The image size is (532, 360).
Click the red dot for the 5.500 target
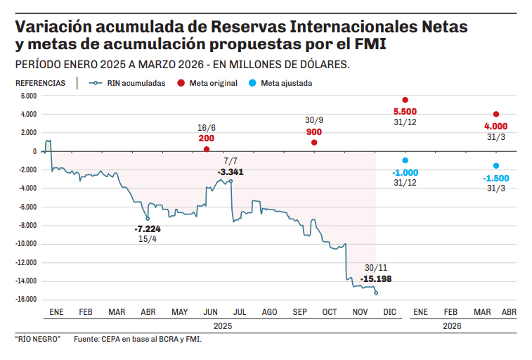(x=405, y=100)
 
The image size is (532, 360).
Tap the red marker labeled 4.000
(x=496, y=114)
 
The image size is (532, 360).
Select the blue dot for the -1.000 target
(x=405, y=160)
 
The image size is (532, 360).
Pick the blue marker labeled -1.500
(x=496, y=166)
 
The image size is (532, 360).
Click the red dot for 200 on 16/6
(x=207, y=149)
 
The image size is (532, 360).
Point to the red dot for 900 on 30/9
(x=314, y=143)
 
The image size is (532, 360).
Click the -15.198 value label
(x=376, y=279)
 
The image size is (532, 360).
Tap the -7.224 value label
(x=148, y=229)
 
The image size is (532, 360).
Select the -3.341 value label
(x=231, y=172)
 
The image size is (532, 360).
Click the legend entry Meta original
(x=213, y=83)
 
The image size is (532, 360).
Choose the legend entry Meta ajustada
(x=286, y=83)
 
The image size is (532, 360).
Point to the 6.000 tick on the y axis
(x=29, y=96)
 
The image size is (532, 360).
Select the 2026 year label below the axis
(x=452, y=326)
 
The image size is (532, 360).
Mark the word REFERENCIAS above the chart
(x=41, y=83)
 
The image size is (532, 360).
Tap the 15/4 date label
(x=148, y=239)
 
